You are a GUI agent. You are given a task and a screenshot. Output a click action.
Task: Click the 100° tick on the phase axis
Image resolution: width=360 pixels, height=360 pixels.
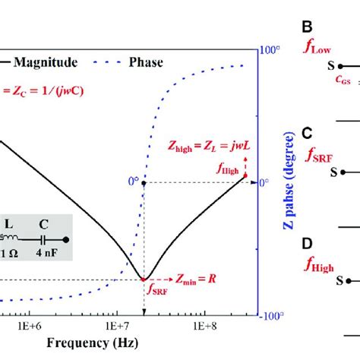[x=272, y=50]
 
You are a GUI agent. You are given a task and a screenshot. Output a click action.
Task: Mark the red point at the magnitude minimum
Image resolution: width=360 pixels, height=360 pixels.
[x=144, y=279]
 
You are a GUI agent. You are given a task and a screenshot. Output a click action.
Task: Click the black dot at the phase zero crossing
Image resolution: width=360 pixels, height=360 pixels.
[x=144, y=183]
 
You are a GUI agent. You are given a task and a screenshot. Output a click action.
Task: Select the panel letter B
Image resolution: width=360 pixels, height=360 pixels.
[x=308, y=29]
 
